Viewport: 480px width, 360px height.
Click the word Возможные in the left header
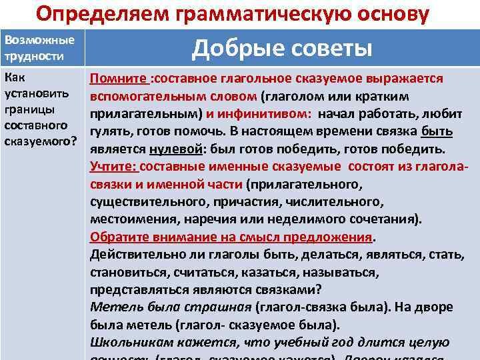(39, 40)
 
